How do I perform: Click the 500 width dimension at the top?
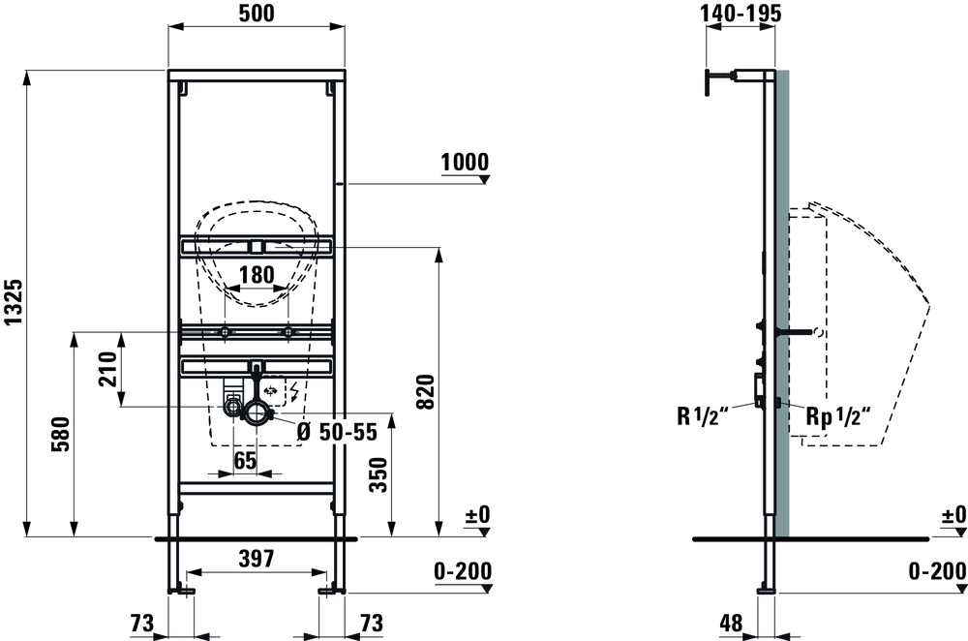pos(257,13)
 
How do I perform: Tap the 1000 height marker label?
pos(465,162)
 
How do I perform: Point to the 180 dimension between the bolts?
pos(257,274)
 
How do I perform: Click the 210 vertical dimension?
pos(108,369)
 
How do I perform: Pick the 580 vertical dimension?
pos(60,434)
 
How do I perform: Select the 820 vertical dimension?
pos(425,391)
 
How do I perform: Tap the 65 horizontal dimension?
pos(245,460)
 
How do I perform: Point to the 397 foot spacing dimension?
pos(257,559)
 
